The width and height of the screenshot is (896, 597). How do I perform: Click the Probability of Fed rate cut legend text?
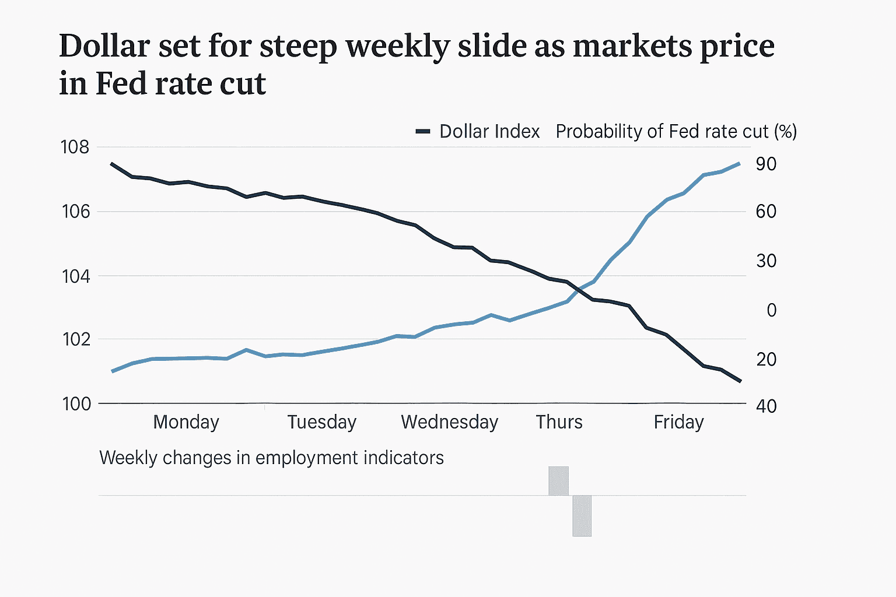pos(675,131)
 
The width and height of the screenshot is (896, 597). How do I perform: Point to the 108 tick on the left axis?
pos(75,147)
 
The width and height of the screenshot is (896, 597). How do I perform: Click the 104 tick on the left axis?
pos(76,276)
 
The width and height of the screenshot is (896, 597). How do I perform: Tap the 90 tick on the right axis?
pos(766,164)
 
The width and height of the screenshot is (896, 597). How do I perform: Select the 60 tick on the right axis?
pos(766,211)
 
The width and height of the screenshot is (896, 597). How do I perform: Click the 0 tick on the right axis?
pos(771,310)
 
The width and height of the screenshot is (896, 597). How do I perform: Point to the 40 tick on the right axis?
pos(766,406)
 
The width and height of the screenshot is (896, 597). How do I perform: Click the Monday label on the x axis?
pos(186,422)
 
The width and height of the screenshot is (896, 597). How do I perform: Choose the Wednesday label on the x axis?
pos(449,422)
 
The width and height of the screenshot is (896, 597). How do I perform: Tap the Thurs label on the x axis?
pos(559,422)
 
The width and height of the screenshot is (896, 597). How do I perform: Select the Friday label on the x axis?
pos(678,422)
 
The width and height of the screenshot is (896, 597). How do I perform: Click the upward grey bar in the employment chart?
pos(558,481)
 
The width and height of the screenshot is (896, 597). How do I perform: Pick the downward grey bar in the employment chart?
pos(582,515)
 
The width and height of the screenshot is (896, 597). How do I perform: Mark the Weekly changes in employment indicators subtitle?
pos(271,458)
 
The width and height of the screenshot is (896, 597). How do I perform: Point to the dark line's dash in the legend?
pos(423,131)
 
